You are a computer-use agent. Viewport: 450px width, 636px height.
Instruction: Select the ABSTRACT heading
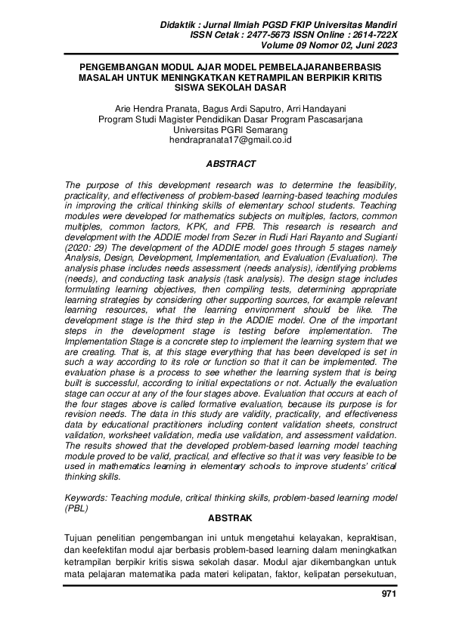pos(231,164)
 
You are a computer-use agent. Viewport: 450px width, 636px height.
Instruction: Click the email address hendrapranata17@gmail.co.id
pos(231,140)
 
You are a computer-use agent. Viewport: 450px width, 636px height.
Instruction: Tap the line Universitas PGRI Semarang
pos(231,130)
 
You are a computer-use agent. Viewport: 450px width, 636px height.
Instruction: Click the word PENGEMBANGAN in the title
pos(113,67)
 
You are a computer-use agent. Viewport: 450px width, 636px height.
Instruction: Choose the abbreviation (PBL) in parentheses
pos(77,508)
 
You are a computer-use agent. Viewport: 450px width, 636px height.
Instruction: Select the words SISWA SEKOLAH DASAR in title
pos(231,87)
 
